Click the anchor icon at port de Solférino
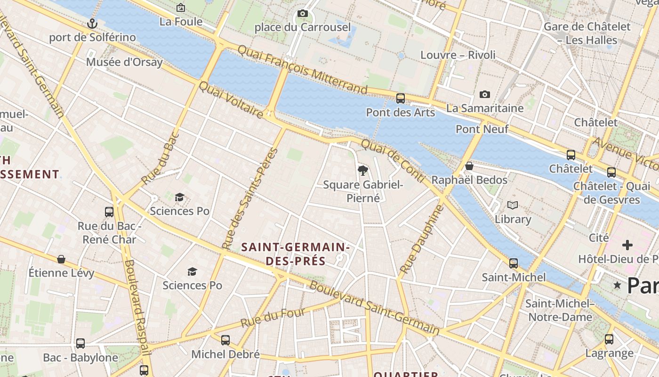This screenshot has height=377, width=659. click(93, 24)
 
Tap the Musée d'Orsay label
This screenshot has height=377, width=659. click(124, 62)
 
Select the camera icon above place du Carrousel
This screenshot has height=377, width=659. click(303, 14)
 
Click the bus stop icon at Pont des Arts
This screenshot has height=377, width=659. click(401, 98)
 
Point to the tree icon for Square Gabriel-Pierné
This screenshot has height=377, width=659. click(362, 171)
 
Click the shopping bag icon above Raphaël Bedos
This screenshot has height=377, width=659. click(469, 166)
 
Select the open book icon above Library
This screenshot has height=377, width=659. click(513, 205)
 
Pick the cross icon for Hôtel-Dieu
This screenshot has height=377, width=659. click(627, 245)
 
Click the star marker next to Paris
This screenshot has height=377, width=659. click(617, 285)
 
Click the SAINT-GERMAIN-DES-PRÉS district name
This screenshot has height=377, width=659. click(295, 254)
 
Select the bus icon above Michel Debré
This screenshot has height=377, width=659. click(225, 340)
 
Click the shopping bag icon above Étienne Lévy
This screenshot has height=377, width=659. click(61, 259)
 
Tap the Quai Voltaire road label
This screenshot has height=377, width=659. click(231, 100)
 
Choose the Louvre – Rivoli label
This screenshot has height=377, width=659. click(458, 55)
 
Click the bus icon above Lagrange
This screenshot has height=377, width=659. click(609, 339)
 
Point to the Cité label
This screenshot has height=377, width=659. click(599, 238)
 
